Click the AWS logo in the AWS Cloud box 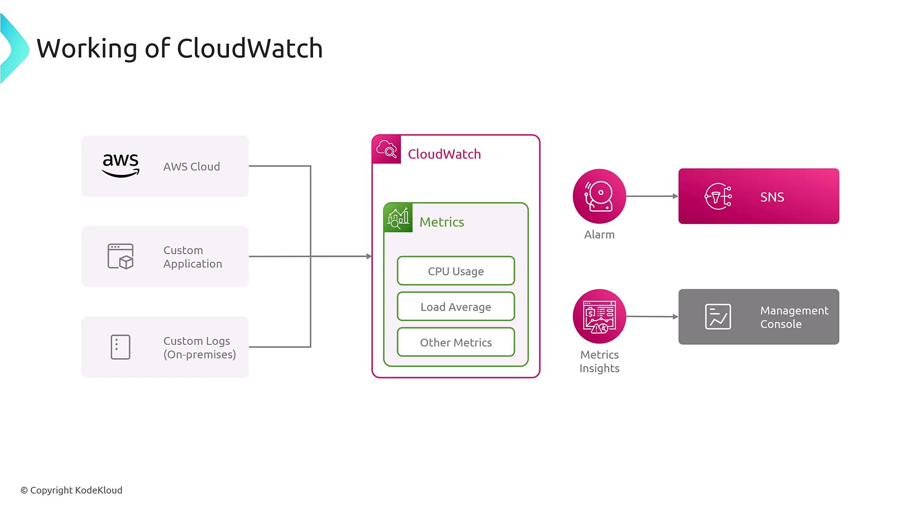(121, 166)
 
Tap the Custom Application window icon (121, 256)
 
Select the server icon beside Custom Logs (120, 347)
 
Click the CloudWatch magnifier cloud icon (387, 149)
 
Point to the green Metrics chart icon (398, 218)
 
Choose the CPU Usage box (456, 271)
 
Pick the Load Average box (456, 306)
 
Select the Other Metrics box (456, 342)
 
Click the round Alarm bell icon (599, 196)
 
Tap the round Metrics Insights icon (599, 316)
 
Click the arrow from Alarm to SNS (652, 196)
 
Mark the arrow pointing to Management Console (652, 316)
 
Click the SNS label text (772, 197)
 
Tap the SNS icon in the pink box (718, 196)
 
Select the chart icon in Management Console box (718, 317)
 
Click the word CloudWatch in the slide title (249, 48)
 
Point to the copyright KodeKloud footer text (71, 490)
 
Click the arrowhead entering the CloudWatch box (369, 256)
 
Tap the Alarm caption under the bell (599, 235)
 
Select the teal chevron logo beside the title (14, 48)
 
